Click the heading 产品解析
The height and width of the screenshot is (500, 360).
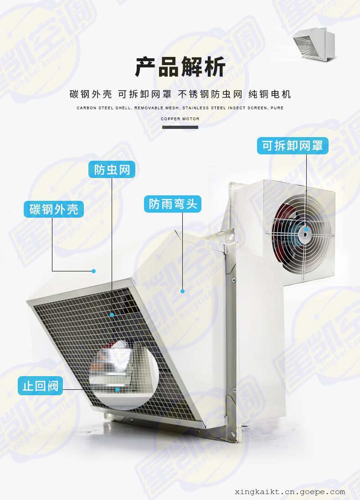pos(180,66)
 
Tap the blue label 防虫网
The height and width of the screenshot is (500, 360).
pos(112,170)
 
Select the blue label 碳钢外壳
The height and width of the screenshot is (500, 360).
pos(54,209)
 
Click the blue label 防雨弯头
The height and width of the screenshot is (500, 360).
pos(173,204)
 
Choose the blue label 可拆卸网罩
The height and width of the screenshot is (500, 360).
pos(293,146)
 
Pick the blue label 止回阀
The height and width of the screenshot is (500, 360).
pos(40,386)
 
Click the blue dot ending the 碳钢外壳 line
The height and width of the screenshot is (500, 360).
pos(93,271)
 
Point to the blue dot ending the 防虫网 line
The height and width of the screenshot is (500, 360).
pos(112,315)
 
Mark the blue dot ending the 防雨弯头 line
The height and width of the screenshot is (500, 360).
pos(182,291)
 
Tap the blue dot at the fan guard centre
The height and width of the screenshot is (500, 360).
pos(306,229)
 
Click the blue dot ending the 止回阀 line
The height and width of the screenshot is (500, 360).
pos(118,389)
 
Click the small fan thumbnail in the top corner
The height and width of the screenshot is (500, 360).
pos(314,44)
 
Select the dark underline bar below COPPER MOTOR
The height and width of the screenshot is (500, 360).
pos(180,127)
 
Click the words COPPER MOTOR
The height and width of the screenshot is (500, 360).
pos(180,118)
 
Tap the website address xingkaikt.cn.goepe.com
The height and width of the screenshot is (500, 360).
pos(290,492)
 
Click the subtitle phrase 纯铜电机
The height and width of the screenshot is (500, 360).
pos(270,94)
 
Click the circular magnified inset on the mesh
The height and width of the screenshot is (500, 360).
pos(124,375)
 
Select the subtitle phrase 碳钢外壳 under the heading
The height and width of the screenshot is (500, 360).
pos(91,94)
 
